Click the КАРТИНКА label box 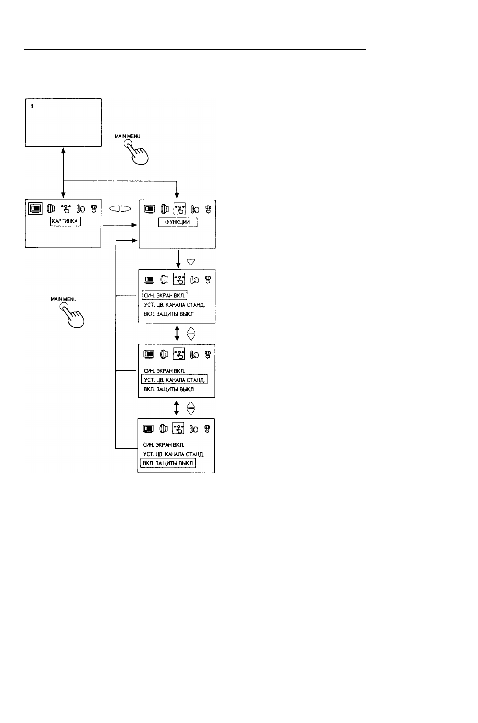click(x=65, y=221)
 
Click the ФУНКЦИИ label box click(x=177, y=222)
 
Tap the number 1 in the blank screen click(x=32, y=106)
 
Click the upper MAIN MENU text click(x=127, y=136)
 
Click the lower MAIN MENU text click(x=64, y=299)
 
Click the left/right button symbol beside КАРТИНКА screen click(x=120, y=209)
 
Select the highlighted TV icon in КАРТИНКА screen click(x=35, y=209)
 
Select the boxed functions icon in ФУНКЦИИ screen click(x=179, y=209)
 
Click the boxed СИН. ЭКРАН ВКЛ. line click(x=164, y=295)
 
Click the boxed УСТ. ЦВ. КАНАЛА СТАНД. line click(x=174, y=380)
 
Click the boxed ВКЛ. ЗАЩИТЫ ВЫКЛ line click(x=168, y=463)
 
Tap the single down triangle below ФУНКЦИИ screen click(x=191, y=262)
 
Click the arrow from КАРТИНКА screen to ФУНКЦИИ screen click(x=119, y=225)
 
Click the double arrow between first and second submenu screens click(x=177, y=333)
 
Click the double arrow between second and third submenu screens click(x=176, y=408)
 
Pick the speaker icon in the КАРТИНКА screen click(x=51, y=209)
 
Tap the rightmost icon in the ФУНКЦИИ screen click(x=208, y=210)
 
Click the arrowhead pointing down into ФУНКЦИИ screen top click(x=177, y=196)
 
